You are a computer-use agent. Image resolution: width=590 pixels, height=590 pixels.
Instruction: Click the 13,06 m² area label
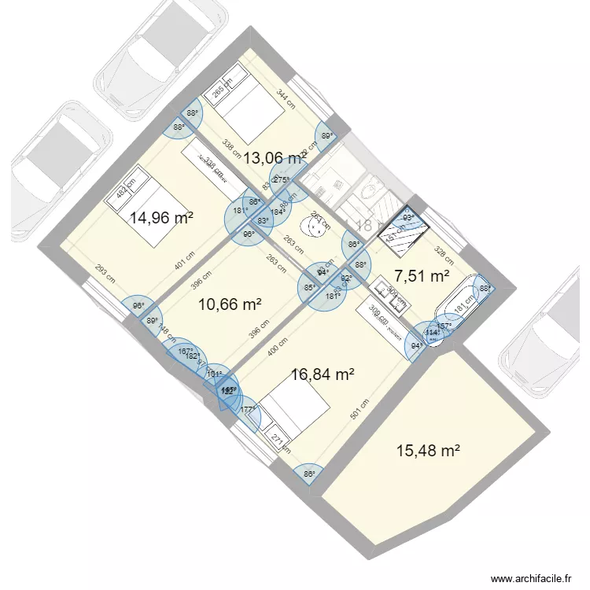coord(274,158)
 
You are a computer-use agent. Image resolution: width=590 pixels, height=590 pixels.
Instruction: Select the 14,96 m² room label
coord(161,218)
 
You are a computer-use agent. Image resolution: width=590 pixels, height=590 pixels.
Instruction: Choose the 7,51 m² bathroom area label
coord(422,276)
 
